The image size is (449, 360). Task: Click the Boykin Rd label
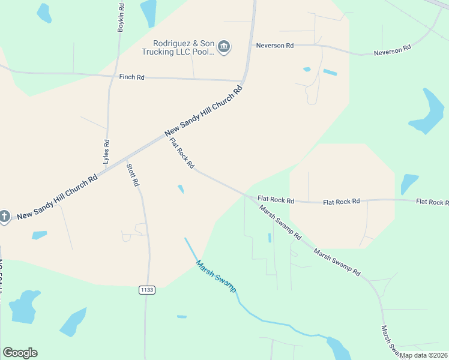coord(121,17)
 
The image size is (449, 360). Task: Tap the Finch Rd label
coord(131,77)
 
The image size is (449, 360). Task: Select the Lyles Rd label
coord(106,152)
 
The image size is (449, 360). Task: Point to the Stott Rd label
coord(133,174)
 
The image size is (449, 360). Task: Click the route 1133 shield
coord(146,290)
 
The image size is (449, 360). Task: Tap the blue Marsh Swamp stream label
coord(216,276)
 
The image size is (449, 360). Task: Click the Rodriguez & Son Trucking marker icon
coord(224,47)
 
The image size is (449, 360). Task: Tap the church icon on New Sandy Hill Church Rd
coord(5,217)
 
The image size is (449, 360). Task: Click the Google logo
coord(20,353)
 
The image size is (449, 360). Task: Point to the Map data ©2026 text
coord(423,355)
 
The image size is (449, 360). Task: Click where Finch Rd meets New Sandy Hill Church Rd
coord(241,80)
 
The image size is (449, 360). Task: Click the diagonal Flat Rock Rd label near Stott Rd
coord(182,153)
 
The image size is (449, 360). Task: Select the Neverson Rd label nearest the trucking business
coord(274,46)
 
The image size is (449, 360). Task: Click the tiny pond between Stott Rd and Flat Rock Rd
coord(181,189)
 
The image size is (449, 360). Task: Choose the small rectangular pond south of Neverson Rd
coord(330,73)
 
